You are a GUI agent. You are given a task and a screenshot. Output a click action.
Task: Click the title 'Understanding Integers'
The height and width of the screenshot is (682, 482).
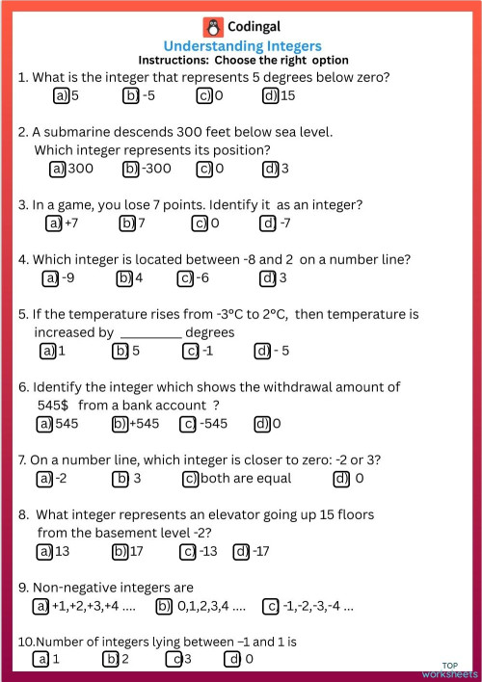[242, 46]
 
